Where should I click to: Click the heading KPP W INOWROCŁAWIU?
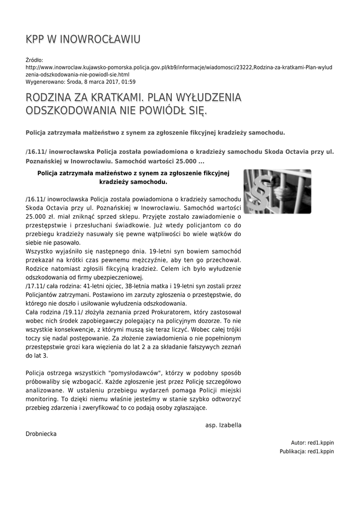[x=83, y=39]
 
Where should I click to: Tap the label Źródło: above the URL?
[x=34, y=60]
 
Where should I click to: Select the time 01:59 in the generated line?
[x=128, y=82]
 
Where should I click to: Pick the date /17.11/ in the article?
[x=35, y=286]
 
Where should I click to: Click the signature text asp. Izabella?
[x=223, y=425]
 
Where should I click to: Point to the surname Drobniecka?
[x=41, y=434]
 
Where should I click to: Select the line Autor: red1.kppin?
[x=312, y=443]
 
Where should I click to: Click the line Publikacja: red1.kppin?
[x=306, y=451]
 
